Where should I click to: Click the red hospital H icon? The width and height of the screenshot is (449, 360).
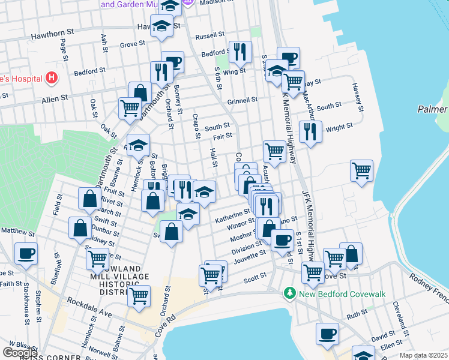52,78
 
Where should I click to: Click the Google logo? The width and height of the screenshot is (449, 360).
19,353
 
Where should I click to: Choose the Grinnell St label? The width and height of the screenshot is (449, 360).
242,100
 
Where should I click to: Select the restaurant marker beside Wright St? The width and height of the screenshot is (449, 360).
310,132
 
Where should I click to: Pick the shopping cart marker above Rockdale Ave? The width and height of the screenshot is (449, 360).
139,296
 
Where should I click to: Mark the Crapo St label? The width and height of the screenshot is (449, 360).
196,126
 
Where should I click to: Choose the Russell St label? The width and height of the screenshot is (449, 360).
209,35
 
